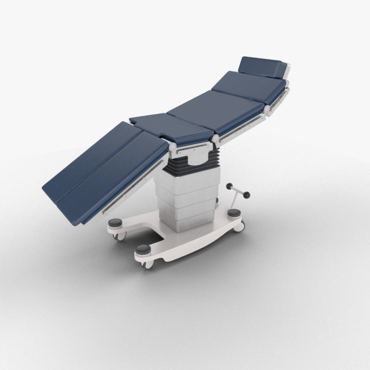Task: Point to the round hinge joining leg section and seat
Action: [x=173, y=147]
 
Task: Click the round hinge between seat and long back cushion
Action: [x=215, y=138]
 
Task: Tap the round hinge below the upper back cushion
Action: [x=267, y=109]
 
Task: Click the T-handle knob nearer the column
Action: [x=230, y=186]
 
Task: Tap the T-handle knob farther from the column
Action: [x=246, y=195]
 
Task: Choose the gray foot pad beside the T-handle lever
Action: [x=234, y=213]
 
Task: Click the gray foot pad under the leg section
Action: [x=115, y=223]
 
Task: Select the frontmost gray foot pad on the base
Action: [x=143, y=249]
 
